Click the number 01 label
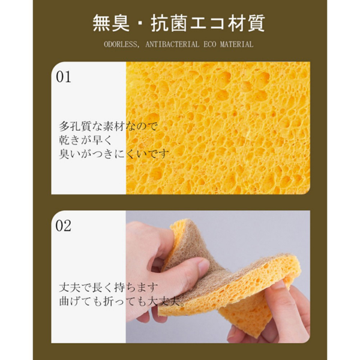pyautogui.click(x=64, y=77)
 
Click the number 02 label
pyautogui.click(x=64, y=226)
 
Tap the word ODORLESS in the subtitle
pyautogui.click(x=121, y=44)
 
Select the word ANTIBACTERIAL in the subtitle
pyautogui.click(x=172, y=44)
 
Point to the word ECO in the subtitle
pyautogui.click(x=210, y=44)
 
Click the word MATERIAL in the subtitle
pyautogui.click(x=236, y=44)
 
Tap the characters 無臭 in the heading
pyautogui.click(x=112, y=23)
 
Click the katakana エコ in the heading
pyautogui.click(x=208, y=23)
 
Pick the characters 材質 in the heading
pyautogui.click(x=246, y=23)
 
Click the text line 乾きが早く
pyautogui.click(x=85, y=140)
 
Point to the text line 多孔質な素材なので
pyautogui.click(x=109, y=126)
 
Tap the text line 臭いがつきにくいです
pyautogui.click(x=114, y=154)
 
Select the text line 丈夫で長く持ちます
pyautogui.click(x=109, y=287)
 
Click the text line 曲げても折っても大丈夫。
pyautogui.click(x=122, y=301)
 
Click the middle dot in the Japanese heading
pyautogui.click(x=140, y=23)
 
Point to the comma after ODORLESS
pyautogui.click(x=138, y=47)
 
